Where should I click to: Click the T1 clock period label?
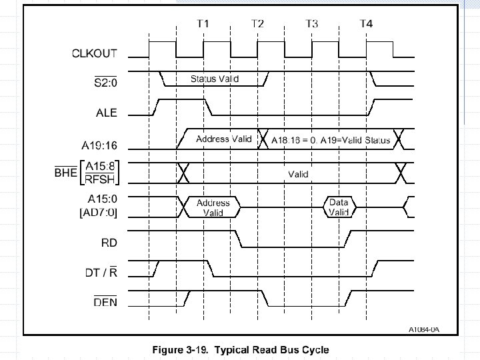click(203, 24)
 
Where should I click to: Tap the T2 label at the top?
click(257, 24)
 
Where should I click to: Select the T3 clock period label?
click(311, 24)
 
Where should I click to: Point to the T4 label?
click(366, 24)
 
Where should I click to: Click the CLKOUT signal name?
click(94, 53)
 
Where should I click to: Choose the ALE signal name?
click(105, 113)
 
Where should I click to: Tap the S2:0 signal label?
click(104, 83)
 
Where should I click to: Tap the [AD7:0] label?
click(98, 211)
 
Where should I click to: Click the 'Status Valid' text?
click(214, 79)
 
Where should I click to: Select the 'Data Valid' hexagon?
click(339, 207)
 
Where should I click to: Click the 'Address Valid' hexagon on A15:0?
click(213, 207)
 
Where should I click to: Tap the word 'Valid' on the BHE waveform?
click(298, 174)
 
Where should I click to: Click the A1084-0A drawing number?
click(425, 329)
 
